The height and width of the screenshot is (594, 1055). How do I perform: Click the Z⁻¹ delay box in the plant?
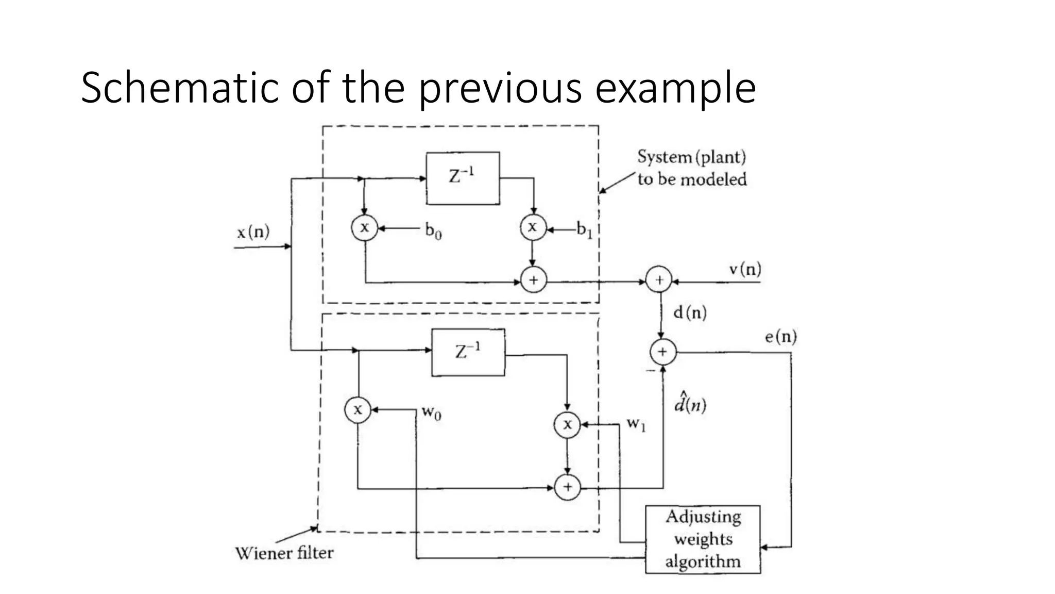point(463,178)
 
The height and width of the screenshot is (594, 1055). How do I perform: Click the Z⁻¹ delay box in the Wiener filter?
point(468,352)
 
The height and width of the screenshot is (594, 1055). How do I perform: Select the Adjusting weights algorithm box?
point(703,539)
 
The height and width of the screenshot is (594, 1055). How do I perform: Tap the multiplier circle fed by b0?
point(365,227)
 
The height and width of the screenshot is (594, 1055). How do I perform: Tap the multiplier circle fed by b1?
point(533,227)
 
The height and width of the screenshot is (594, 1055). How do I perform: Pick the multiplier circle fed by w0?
point(358,410)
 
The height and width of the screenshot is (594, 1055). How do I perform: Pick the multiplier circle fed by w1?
point(567,424)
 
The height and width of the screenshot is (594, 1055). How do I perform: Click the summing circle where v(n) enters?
point(659,280)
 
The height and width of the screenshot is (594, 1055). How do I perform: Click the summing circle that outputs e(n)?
point(662,352)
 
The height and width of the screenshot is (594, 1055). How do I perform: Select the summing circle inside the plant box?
point(534,280)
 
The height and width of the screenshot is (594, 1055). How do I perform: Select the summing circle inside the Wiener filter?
point(567,487)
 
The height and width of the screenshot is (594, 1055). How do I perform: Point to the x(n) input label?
point(253,233)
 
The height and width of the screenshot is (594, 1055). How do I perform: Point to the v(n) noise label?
point(745,269)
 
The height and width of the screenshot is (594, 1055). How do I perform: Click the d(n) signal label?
point(690,312)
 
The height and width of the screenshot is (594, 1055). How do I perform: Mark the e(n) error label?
point(780,337)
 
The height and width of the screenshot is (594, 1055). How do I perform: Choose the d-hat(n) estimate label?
point(690,404)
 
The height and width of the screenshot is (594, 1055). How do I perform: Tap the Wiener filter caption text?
point(284,553)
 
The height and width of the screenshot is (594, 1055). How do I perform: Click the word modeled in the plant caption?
point(713,179)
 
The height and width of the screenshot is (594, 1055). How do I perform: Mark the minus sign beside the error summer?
point(650,371)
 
